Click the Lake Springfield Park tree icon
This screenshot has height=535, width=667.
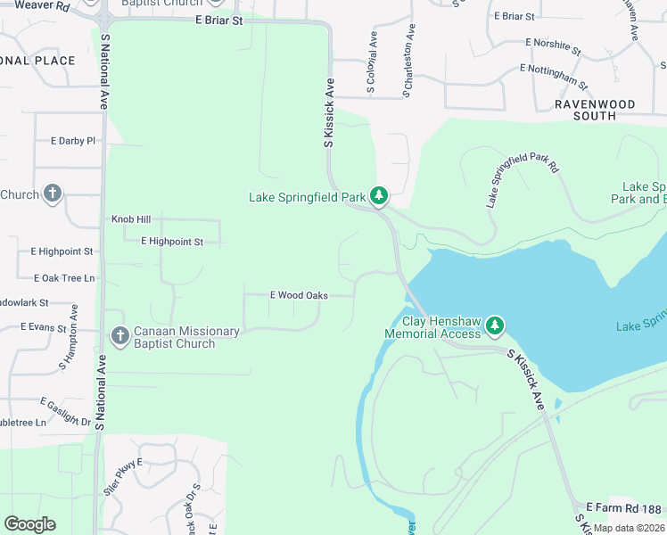(379, 195)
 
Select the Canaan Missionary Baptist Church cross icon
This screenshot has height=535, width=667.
(119, 337)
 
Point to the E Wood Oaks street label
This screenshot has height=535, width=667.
(300, 295)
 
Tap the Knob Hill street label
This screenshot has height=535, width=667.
(131, 218)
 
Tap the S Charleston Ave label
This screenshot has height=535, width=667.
(409, 60)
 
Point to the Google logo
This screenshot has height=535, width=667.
(29, 524)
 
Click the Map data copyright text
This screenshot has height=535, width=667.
(630, 528)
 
